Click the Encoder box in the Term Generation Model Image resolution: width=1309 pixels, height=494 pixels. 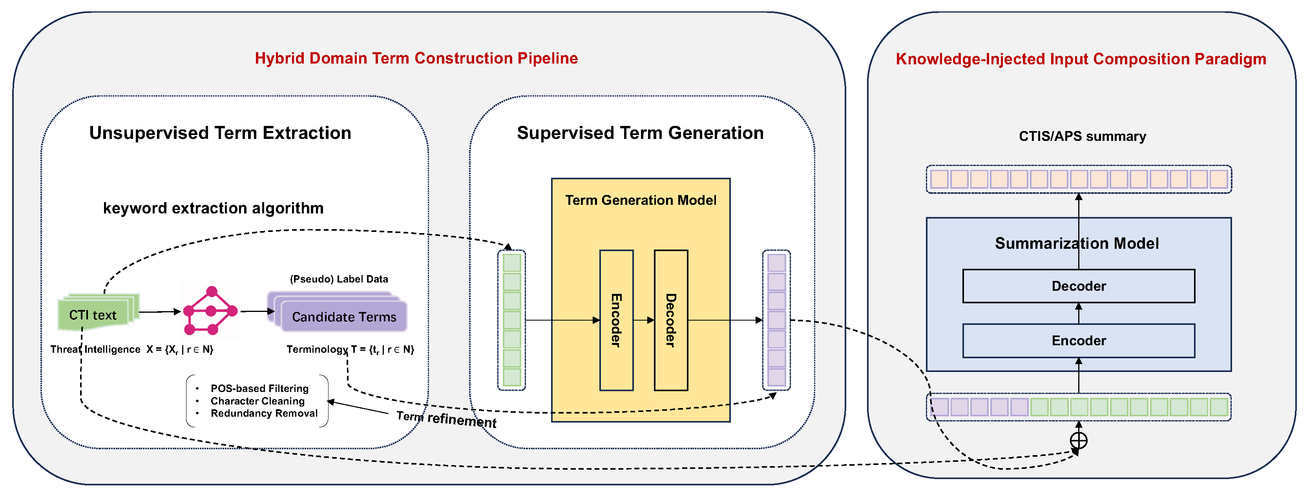click(x=616, y=320)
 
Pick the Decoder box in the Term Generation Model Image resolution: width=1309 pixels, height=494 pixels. click(x=670, y=320)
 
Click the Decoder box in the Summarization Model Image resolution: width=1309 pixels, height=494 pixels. click(x=1078, y=286)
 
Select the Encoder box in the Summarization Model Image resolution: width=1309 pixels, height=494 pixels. click(x=1078, y=341)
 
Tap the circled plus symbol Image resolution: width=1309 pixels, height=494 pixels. click(x=1078, y=440)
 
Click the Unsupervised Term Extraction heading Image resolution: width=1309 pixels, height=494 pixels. click(x=220, y=133)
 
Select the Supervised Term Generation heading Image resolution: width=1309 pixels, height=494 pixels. click(x=640, y=133)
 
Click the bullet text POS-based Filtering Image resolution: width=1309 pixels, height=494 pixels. click(x=259, y=388)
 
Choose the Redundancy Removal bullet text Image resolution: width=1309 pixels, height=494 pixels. click(x=264, y=413)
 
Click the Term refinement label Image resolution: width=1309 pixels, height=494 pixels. click(x=446, y=419)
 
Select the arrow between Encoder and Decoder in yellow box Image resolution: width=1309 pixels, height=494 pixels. click(x=643, y=320)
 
